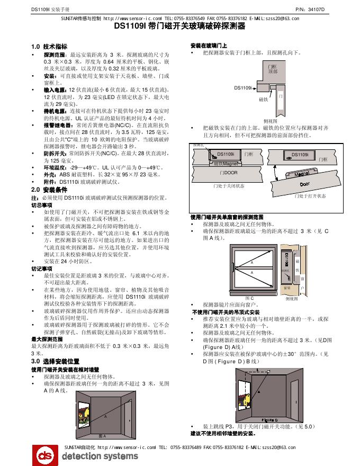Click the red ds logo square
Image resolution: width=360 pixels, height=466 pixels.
point(45,454)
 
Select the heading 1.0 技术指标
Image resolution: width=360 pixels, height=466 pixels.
point(49,47)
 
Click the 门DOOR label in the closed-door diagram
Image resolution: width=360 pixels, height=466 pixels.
point(228,173)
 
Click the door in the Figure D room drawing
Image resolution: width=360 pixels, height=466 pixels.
point(293,394)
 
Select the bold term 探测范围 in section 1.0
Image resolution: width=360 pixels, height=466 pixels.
point(55,55)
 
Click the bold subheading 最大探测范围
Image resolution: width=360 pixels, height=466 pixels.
point(48,338)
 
